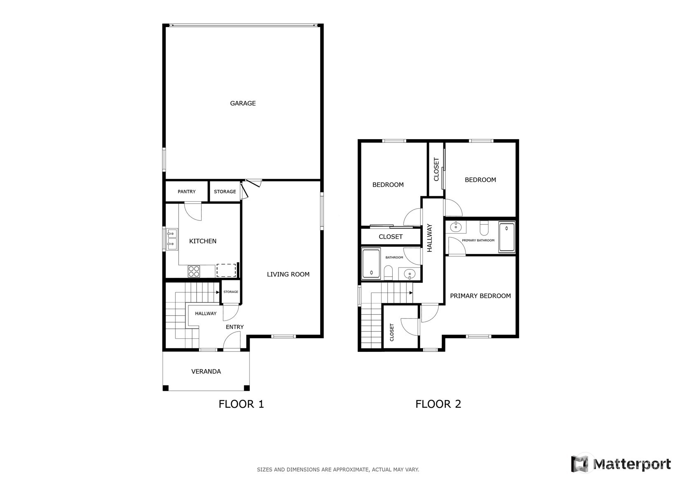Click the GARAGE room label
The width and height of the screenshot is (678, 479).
point(242,103)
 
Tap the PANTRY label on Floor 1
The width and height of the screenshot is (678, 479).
point(186,192)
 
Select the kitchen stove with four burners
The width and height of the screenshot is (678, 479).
point(194,271)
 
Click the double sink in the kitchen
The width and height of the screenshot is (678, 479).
point(171,239)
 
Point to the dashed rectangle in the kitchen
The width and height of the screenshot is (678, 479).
point(226,270)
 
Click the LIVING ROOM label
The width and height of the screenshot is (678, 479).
point(288,274)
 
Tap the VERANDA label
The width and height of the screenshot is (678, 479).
point(206,372)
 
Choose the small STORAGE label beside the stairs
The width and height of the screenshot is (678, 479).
point(231,292)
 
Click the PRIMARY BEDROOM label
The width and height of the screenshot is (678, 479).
point(480,296)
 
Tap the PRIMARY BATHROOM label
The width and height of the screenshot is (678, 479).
point(478,240)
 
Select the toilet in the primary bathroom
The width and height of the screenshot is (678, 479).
point(484,227)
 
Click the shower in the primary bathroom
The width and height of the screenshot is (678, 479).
point(506,237)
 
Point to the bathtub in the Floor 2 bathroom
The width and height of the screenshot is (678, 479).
point(371,264)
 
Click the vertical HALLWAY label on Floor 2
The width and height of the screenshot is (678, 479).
point(430,238)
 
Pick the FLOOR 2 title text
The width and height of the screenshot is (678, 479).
point(438,404)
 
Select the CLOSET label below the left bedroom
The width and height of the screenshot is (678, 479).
point(390,237)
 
